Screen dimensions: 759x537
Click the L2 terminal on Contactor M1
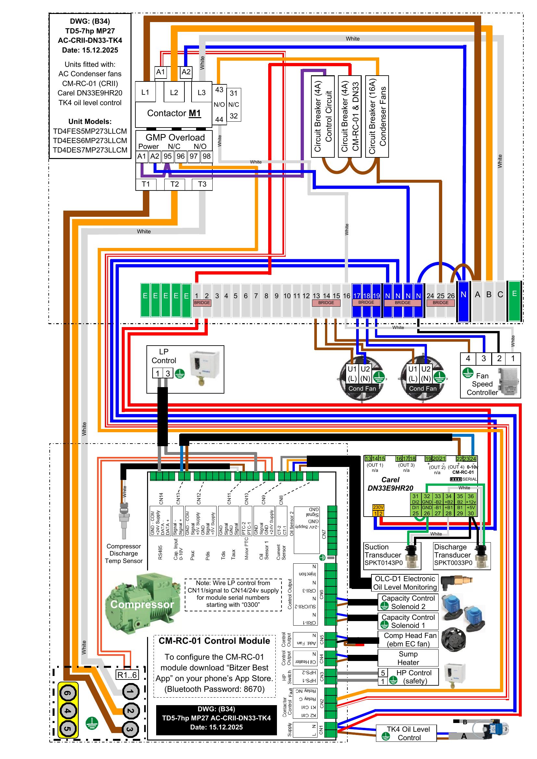pyautogui.click(x=174, y=92)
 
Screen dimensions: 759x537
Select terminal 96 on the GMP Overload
pyautogui.click(x=181, y=156)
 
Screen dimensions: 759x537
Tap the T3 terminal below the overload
pyautogui.click(x=202, y=184)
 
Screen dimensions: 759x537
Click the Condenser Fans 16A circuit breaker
pyautogui.click(x=377, y=116)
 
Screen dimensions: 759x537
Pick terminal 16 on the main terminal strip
pyautogui.click(x=346, y=296)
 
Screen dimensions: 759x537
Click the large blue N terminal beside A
pyautogui.click(x=463, y=301)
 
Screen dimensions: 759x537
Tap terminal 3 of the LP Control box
pyautogui.click(x=168, y=373)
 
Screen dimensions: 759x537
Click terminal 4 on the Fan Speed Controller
pyautogui.click(x=468, y=358)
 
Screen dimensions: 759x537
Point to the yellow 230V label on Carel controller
pyautogui.click(x=378, y=507)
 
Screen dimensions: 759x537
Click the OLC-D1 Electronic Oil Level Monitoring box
pyautogui.click(x=405, y=583)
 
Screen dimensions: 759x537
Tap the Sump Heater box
pyautogui.click(x=408, y=658)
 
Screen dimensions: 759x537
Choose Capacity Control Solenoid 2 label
pyautogui.click(x=408, y=602)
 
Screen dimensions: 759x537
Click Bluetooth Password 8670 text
pyautogui.click(x=215, y=689)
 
